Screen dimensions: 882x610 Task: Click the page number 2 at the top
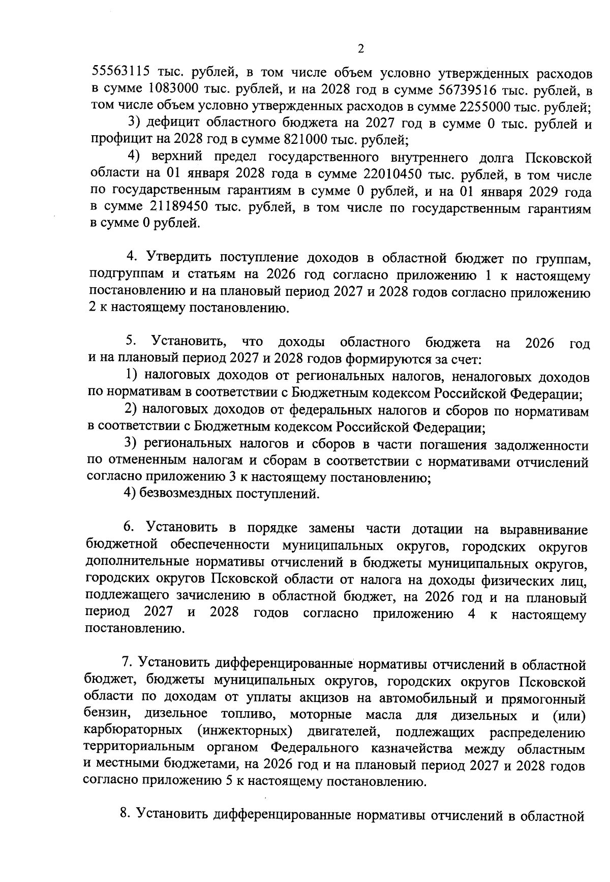coord(361,49)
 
